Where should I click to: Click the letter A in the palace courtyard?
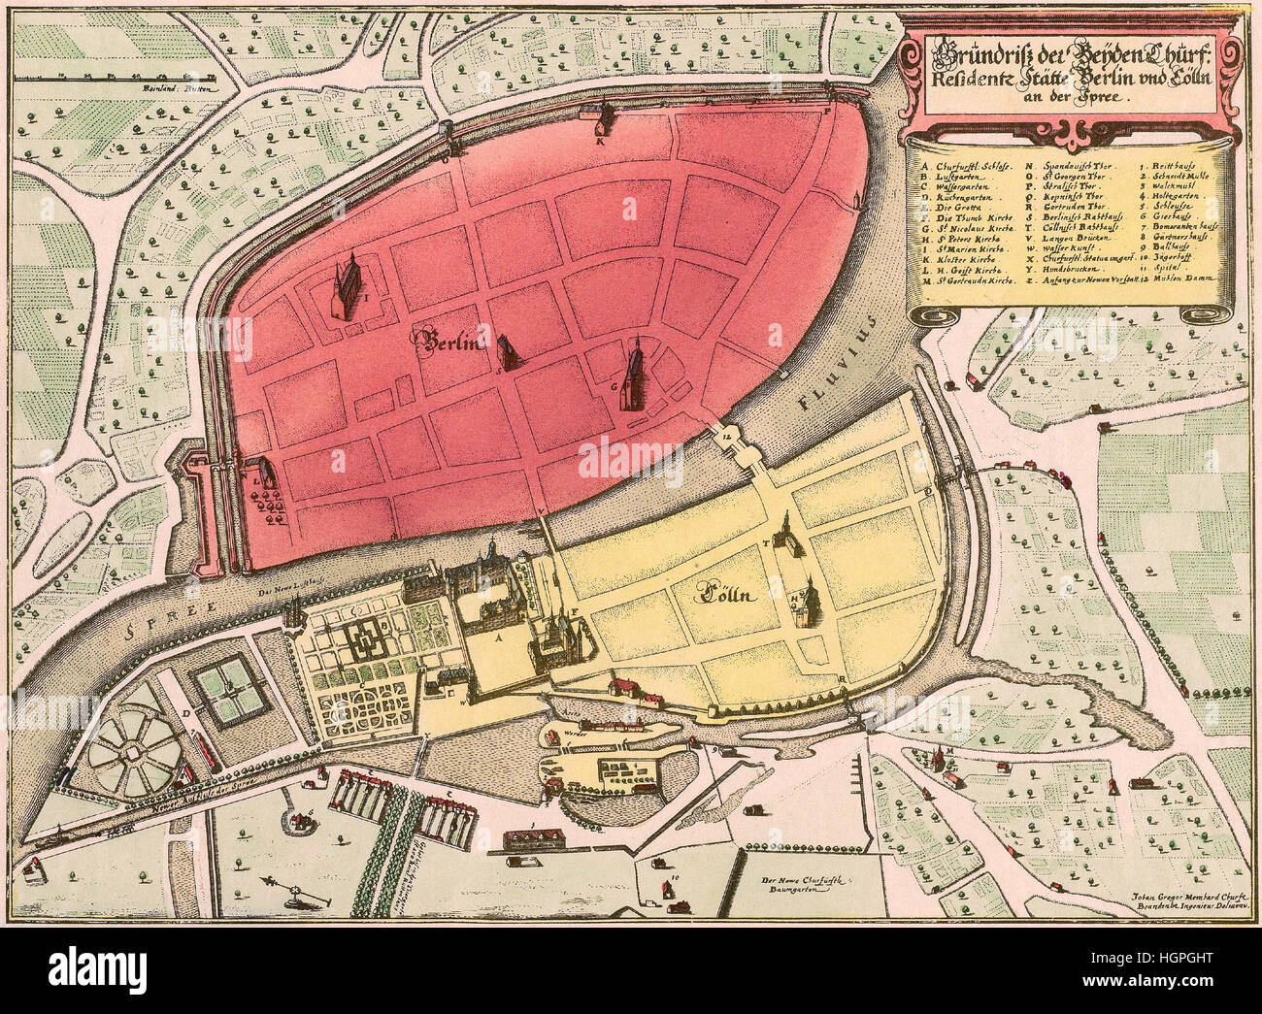tap(499, 639)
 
